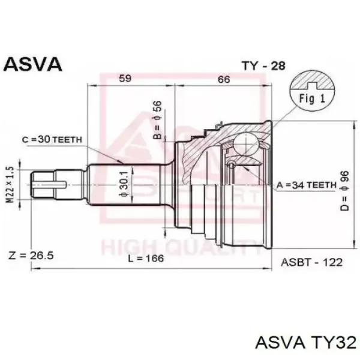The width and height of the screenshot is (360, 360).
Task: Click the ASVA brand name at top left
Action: pyautogui.click(x=32, y=64)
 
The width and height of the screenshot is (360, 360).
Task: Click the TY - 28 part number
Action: pyautogui.click(x=263, y=66)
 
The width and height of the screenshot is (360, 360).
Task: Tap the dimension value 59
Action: pyautogui.click(x=125, y=79)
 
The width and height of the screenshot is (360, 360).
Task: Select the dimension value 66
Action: pyautogui.click(x=224, y=79)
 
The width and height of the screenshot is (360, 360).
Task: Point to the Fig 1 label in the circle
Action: pyautogui.click(x=312, y=98)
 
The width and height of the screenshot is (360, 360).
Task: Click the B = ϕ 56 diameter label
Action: pyautogui.click(x=157, y=120)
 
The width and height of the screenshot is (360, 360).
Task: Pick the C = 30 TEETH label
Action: pyautogui.click(x=52, y=139)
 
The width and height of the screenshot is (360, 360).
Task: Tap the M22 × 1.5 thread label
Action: pyautogui.click(x=10, y=185)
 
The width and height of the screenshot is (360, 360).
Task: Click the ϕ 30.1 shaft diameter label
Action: pyautogui.click(x=124, y=184)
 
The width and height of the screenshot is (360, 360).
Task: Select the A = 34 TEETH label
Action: pyautogui.click(x=306, y=185)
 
